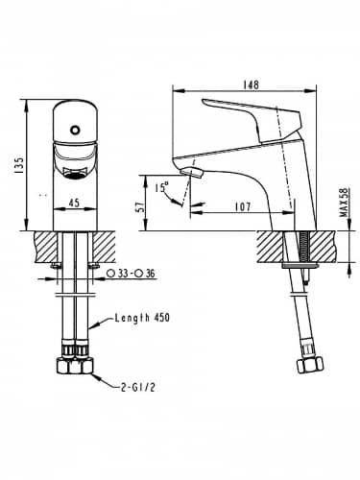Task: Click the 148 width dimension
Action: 251,84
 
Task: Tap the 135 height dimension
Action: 19,165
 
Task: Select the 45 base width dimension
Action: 74,203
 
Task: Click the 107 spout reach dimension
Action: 243,206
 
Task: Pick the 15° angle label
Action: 162,187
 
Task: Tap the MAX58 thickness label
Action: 345,203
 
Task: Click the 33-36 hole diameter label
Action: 132,274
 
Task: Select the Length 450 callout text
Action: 142,318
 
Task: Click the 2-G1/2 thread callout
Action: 138,388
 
